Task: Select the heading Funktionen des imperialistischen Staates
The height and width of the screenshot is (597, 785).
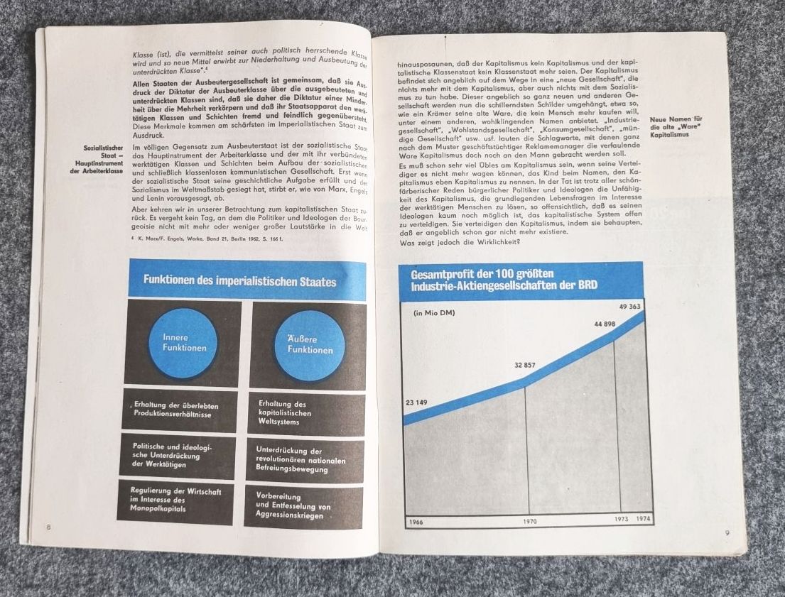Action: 240,281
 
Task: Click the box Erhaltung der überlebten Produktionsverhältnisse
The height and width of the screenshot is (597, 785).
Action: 179,410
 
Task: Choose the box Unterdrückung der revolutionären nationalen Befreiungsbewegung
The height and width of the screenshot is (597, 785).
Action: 305,460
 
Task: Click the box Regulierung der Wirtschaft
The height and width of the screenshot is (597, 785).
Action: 175,500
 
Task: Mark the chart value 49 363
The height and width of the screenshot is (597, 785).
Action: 631,306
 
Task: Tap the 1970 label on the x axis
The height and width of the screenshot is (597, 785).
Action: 530,522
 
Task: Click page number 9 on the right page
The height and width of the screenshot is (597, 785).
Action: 726,533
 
